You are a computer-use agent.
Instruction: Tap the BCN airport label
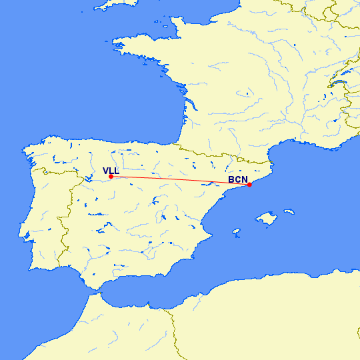[x=238, y=179]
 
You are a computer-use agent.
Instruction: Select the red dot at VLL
[x=111, y=177]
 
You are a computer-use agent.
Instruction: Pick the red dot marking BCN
[x=249, y=185]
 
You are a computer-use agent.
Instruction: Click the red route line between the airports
[x=180, y=181]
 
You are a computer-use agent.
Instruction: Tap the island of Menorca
[x=289, y=212]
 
